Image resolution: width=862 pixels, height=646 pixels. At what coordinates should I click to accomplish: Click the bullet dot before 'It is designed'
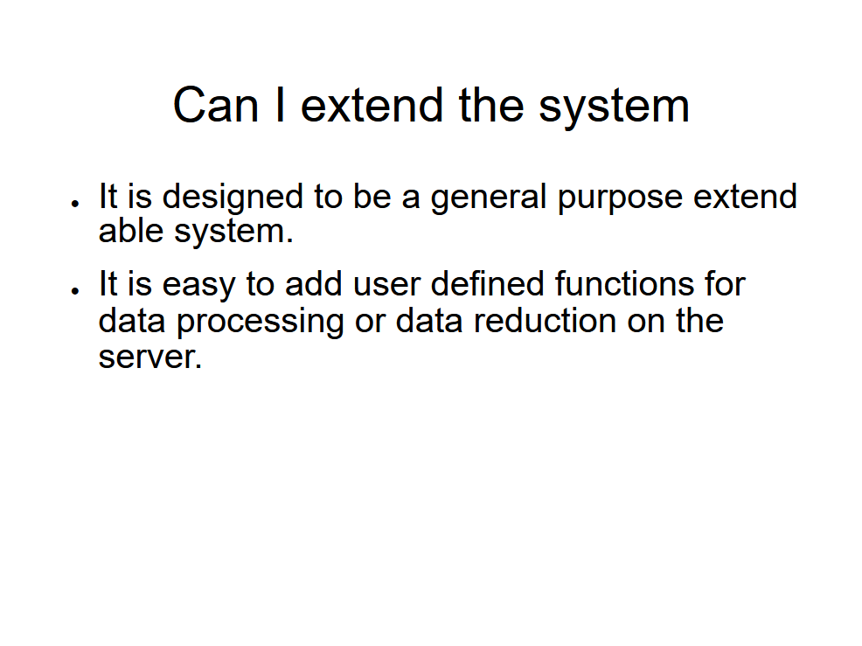point(76,204)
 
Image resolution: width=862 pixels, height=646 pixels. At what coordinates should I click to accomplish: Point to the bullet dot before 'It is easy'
point(76,290)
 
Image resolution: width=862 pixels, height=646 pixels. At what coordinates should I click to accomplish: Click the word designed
point(233,197)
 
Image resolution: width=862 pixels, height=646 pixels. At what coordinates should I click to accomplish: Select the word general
point(489,197)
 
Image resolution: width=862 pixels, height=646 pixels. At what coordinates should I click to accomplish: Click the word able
point(131,230)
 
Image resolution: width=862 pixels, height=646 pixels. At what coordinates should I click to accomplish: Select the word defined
point(487,284)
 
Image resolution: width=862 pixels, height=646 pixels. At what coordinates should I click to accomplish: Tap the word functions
point(624,284)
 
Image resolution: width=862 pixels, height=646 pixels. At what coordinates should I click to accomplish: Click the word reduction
point(544,320)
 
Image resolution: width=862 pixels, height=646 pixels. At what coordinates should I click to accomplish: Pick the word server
point(150,358)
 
